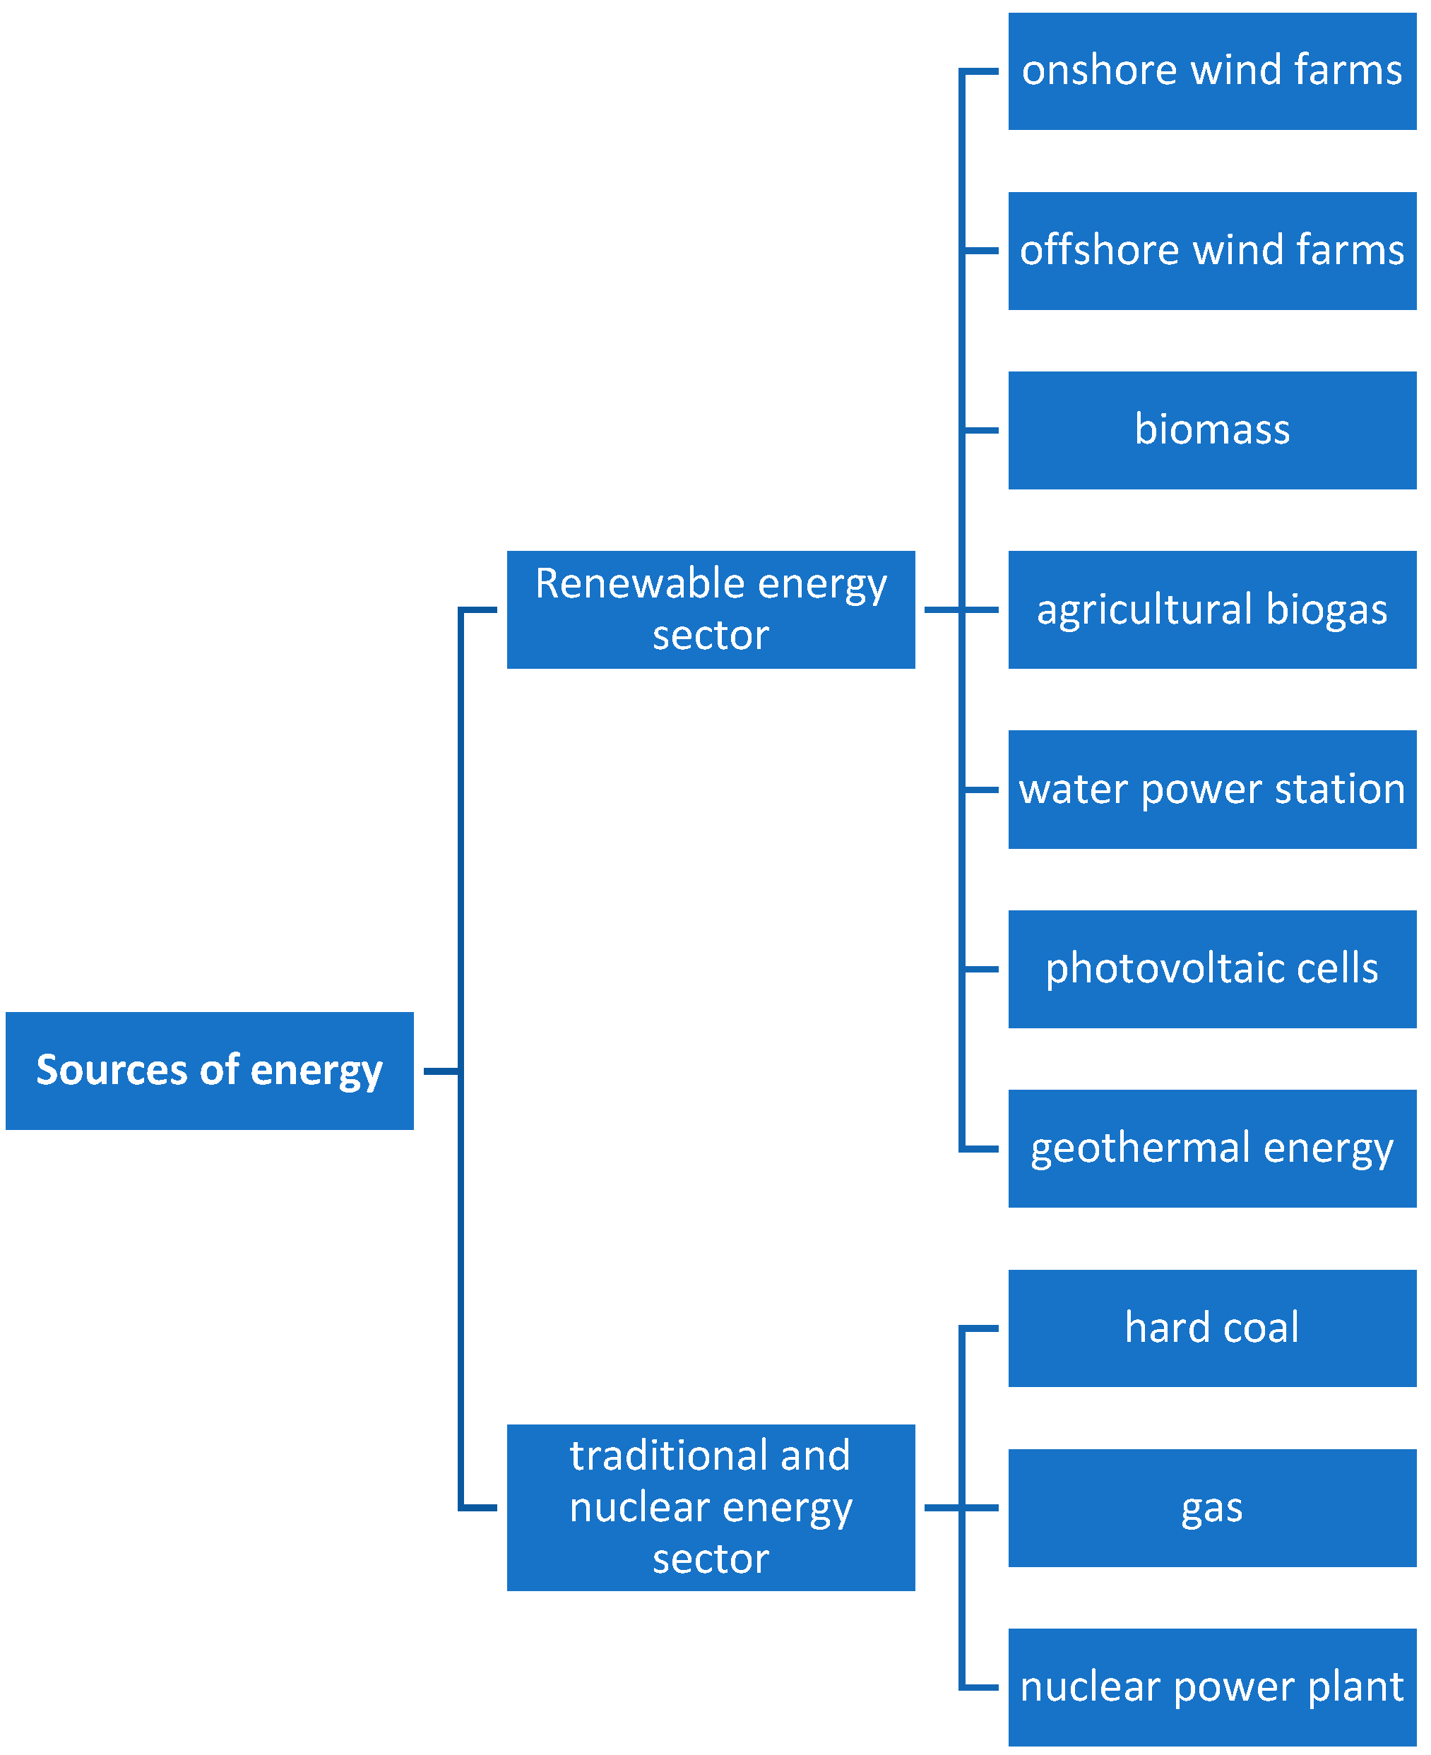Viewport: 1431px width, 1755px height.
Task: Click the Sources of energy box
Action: point(209,1071)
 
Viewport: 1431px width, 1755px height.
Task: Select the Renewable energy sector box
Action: point(711,610)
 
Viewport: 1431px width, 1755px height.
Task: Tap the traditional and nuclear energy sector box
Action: point(711,1508)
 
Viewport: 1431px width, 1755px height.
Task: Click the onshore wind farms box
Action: point(1212,71)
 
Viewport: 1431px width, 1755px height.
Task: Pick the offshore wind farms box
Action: point(1212,251)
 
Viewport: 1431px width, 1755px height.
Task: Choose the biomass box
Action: point(1212,430)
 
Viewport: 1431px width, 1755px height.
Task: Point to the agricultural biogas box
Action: point(1212,610)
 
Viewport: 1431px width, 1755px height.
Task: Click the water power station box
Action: point(1212,790)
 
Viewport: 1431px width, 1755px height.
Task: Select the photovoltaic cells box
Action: point(1212,970)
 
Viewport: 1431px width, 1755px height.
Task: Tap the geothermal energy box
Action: point(1212,1149)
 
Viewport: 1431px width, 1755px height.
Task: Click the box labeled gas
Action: point(1212,1508)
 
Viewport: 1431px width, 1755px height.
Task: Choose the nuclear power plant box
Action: point(1212,1687)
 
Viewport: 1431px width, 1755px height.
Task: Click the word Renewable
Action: point(640,583)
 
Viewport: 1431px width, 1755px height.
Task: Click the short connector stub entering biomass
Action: point(981,430)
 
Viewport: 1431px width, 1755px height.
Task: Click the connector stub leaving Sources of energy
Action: point(440,1071)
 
